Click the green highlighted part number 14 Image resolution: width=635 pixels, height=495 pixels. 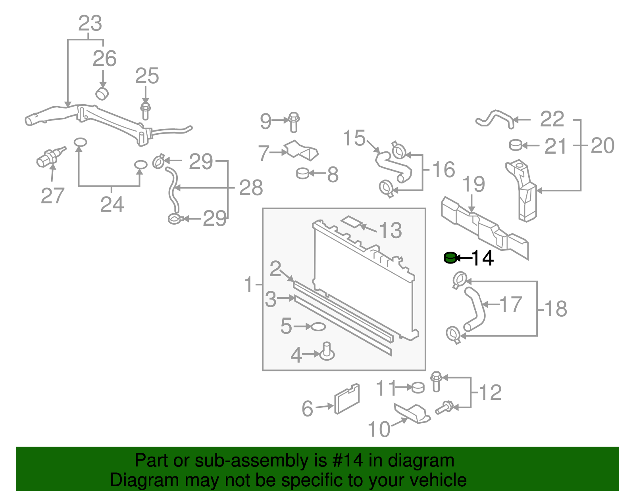450,258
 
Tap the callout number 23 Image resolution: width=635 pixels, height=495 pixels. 90,24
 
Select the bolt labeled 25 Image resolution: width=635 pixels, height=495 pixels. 146,111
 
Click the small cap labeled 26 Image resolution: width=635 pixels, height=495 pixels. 102,94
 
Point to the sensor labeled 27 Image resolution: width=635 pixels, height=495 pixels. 48,157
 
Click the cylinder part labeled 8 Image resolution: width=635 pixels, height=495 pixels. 303,173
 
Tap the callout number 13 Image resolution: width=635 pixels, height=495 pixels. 391,230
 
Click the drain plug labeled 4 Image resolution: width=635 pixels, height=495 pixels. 327,352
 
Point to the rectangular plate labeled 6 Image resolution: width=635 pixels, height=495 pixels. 347,399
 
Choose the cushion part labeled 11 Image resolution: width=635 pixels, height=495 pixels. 418,387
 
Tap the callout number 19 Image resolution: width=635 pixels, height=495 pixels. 474,184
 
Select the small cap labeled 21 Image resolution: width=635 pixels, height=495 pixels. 516,145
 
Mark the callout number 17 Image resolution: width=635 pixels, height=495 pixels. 510,305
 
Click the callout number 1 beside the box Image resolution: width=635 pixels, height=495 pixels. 249,285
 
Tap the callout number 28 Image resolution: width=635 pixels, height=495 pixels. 251,187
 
